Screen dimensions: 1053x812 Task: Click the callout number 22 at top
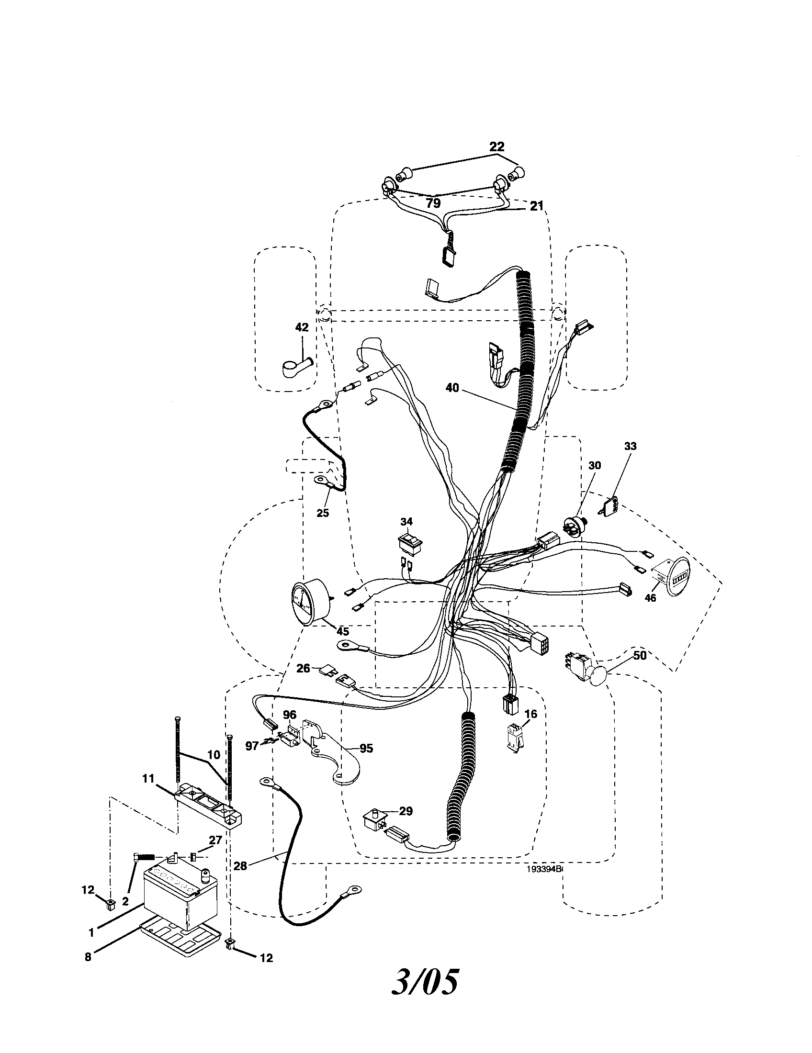coord(496,147)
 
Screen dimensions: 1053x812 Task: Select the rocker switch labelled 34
coord(407,544)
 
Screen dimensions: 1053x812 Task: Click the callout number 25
coord(323,513)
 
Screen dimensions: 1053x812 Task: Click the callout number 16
coord(530,714)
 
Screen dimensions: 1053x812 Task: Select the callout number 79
coord(433,203)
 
